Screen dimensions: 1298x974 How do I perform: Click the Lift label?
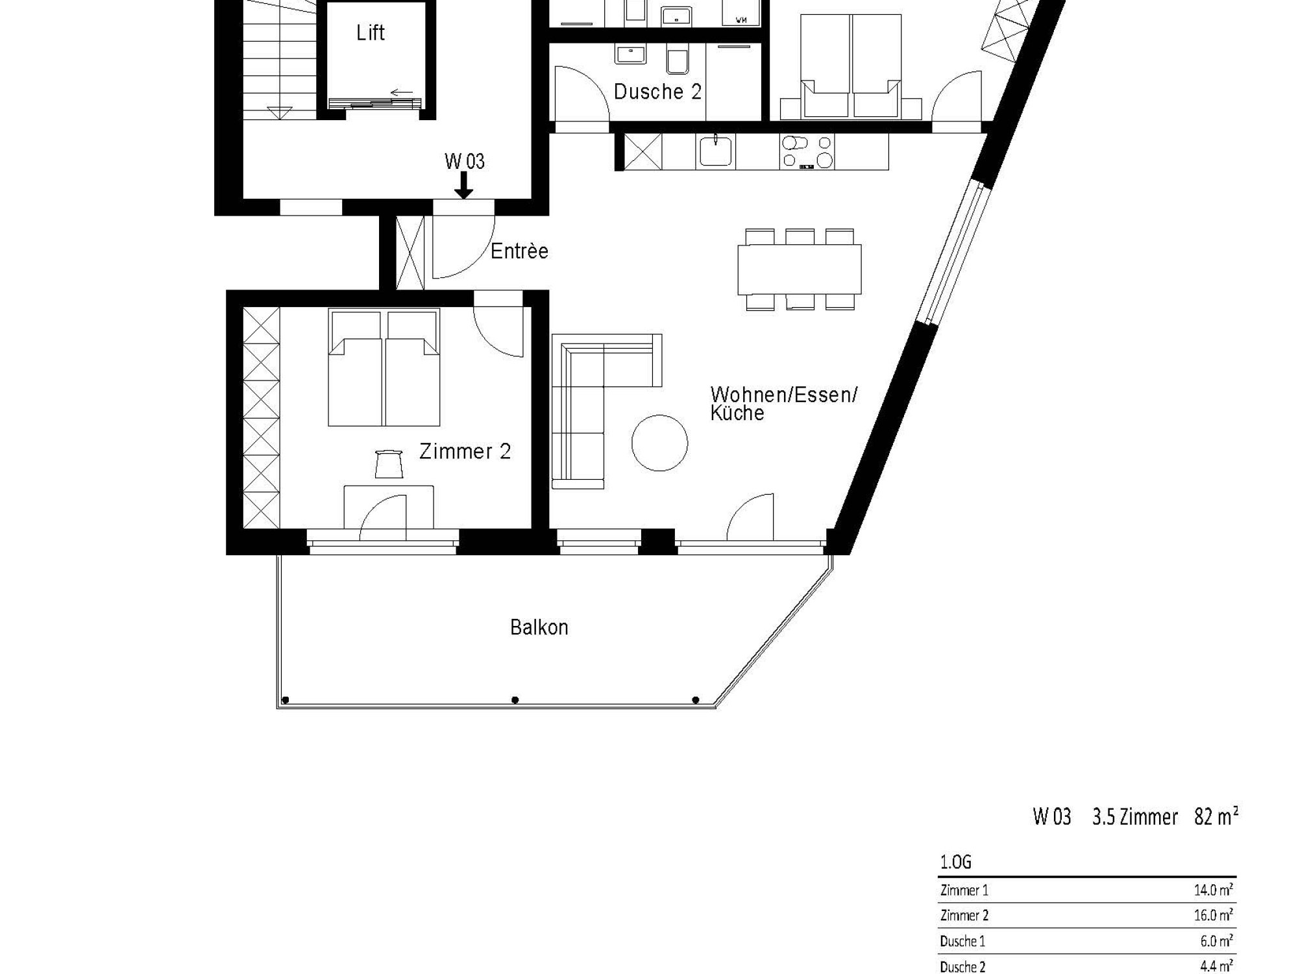pos(371,32)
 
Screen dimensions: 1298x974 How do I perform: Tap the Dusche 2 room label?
pos(657,92)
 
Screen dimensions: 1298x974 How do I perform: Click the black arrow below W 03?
pos(463,186)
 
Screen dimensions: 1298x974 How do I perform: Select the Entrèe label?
pos(519,251)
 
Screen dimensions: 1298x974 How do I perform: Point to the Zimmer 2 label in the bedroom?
pos(465,451)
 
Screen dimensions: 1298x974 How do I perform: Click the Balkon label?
pos(539,627)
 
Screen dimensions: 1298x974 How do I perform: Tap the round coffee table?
pos(659,443)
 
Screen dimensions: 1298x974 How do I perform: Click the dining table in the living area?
pos(800,269)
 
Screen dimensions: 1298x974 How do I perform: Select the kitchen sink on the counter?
pos(715,151)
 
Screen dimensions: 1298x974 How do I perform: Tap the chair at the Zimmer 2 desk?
pos(389,464)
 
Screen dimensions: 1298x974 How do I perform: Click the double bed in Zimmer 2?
pos(384,368)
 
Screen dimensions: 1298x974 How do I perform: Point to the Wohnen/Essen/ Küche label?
pos(784,403)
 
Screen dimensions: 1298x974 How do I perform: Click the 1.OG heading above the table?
pos(955,862)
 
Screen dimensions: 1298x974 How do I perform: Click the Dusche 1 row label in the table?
pos(962,941)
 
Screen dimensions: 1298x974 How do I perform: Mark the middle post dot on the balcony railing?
pos(515,700)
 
